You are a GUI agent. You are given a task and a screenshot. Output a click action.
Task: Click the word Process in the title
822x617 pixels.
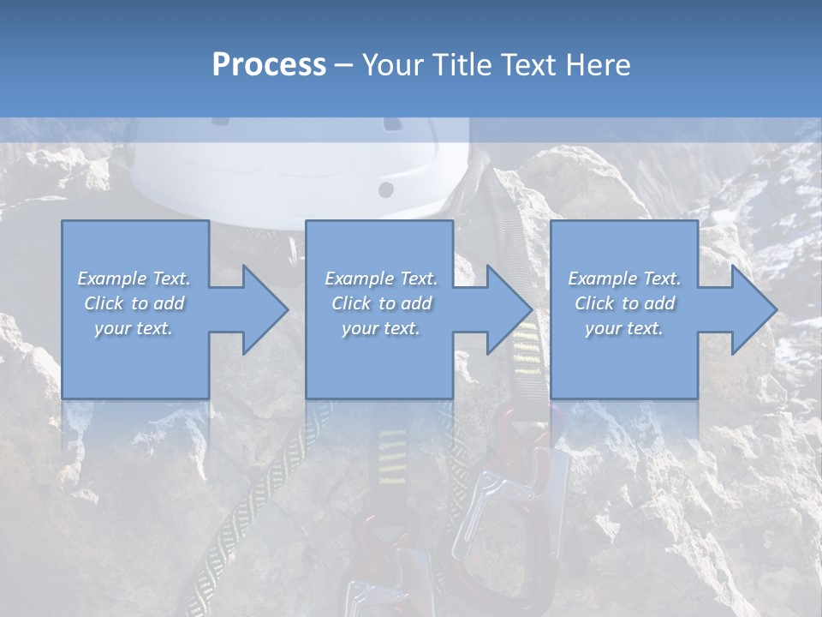tap(269, 65)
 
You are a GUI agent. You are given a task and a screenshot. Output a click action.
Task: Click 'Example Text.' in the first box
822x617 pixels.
tap(134, 279)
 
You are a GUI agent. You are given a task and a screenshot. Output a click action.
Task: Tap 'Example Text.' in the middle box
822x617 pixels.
tap(380, 279)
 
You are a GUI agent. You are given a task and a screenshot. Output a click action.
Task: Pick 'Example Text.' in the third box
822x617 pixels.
tap(624, 279)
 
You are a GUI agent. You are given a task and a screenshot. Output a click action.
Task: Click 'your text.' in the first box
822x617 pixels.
tap(134, 328)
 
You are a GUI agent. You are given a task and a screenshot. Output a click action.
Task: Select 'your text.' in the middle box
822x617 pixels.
tap(380, 328)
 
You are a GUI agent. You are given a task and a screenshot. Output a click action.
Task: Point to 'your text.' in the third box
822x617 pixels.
tap(624, 328)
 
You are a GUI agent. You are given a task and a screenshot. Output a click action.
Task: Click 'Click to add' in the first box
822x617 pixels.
tap(134, 303)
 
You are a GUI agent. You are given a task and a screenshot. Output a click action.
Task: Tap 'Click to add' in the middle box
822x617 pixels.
tap(380, 303)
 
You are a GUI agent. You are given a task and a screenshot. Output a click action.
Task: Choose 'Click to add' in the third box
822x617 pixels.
tap(624, 303)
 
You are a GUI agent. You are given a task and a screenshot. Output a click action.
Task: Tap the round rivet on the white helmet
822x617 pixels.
tap(386, 189)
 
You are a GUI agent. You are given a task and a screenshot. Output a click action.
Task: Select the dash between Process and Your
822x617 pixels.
tap(343, 65)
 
